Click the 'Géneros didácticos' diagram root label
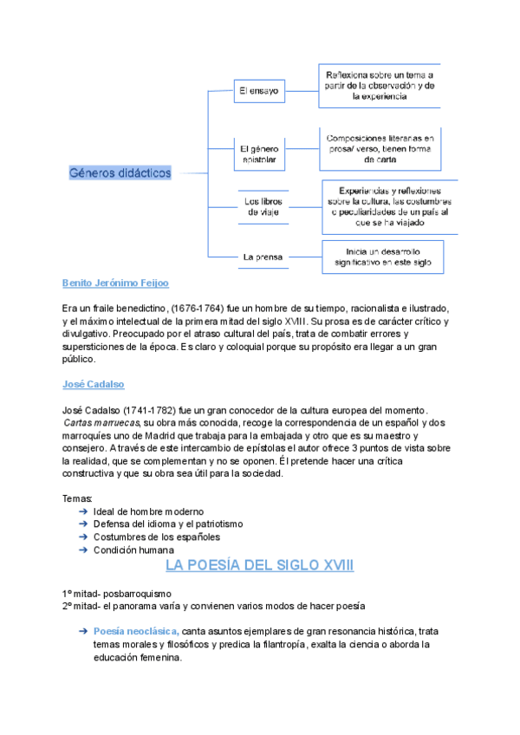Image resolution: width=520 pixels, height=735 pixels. (120, 172)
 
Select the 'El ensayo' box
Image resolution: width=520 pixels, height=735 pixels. (257, 90)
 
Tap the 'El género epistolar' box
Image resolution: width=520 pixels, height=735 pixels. (257, 154)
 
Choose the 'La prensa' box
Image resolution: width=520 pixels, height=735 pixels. (257, 257)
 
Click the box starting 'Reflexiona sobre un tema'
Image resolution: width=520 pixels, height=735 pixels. (379, 86)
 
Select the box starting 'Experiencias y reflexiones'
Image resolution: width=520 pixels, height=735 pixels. (390, 206)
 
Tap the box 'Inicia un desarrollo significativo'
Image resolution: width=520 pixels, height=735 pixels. (382, 256)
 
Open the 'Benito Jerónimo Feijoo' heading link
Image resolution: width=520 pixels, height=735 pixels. (115, 283)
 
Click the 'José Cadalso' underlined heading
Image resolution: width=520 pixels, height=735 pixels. (94, 383)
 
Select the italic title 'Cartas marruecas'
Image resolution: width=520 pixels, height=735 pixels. (96, 422)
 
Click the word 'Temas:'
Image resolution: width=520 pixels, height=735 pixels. (77, 498)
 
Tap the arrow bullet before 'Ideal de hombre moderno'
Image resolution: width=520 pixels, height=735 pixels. (81, 511)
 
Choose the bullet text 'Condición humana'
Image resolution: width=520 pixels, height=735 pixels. (133, 550)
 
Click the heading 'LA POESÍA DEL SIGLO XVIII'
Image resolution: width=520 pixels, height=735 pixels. (259, 566)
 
